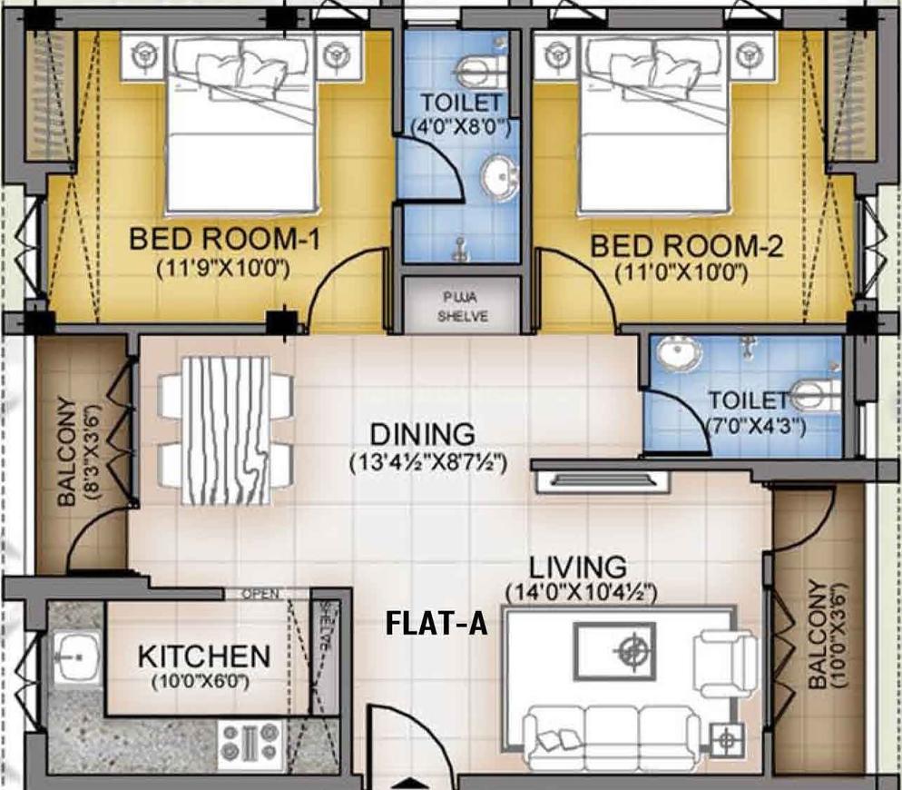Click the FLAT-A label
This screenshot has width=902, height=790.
pos(437,625)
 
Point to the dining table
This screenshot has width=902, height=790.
pos(226,430)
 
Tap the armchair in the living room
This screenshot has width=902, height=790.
pos(723,665)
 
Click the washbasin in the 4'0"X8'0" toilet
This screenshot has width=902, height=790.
pos(495,177)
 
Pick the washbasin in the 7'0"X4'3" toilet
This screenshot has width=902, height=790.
pos(674,356)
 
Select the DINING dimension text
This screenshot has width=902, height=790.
pos(427,462)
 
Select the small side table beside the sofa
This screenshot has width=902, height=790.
pos(726,741)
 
